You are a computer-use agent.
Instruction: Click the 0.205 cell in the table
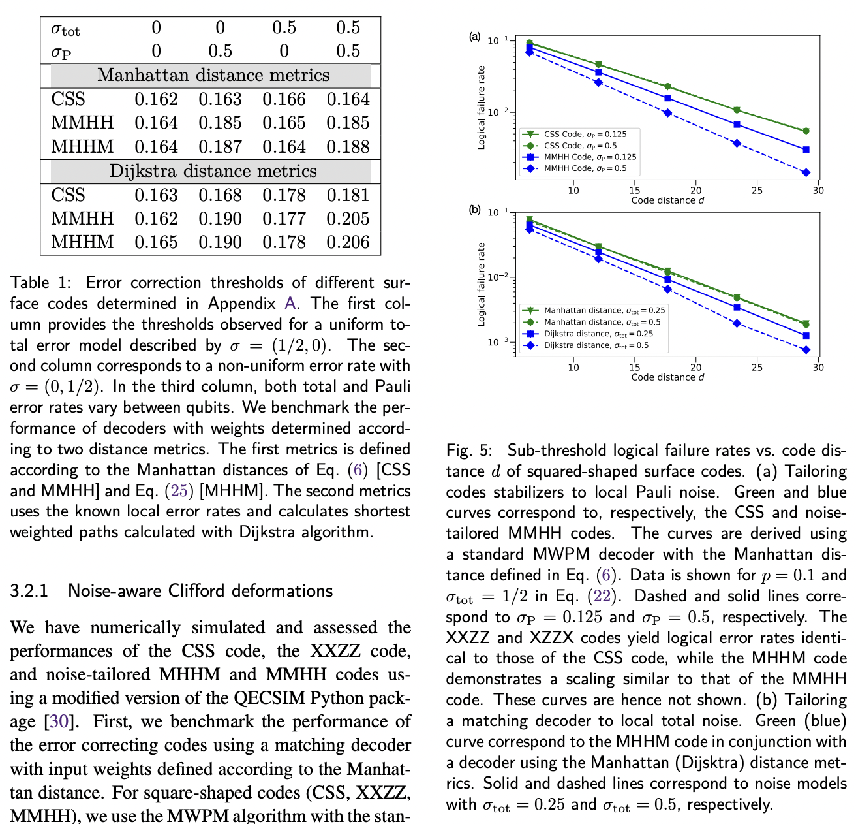(348, 219)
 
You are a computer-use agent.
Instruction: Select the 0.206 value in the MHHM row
(348, 242)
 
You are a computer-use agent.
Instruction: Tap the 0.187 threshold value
(220, 147)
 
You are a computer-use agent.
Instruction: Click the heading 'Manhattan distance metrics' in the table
(213, 76)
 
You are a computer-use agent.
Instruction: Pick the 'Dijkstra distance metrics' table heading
(213, 171)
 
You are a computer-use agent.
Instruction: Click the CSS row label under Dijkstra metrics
(68, 195)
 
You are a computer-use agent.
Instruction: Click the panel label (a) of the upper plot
(475, 37)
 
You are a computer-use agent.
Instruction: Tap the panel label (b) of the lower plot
(475, 210)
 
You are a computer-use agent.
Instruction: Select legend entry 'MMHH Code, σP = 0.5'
(585, 168)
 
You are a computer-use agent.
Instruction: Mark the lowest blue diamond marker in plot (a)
(806, 172)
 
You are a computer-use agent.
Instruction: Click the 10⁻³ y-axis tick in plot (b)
(498, 342)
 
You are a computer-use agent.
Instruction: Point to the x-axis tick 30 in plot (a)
(818, 191)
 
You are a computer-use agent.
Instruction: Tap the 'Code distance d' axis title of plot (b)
(667, 377)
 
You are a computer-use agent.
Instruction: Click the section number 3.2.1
(30, 592)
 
